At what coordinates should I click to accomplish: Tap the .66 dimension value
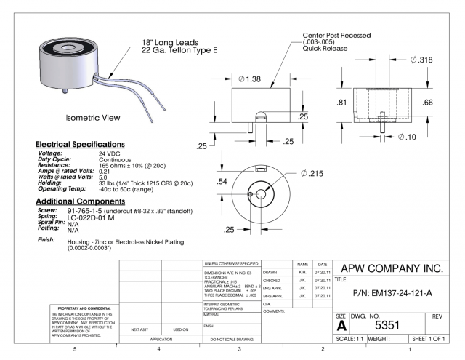[x=449, y=103]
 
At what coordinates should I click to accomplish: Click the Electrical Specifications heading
[x=81, y=144]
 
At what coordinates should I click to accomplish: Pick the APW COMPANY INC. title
[x=397, y=268]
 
